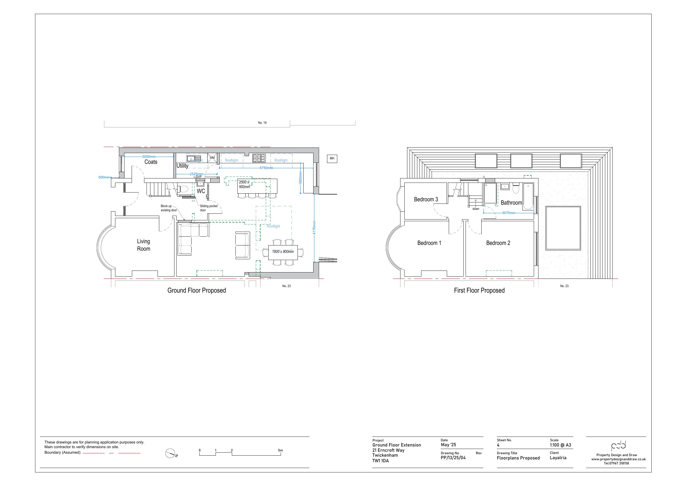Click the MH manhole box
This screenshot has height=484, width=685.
point(332,159)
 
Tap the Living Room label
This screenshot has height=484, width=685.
point(144,245)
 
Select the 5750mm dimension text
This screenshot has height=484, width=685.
point(266,168)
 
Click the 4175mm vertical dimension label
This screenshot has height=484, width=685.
point(314,227)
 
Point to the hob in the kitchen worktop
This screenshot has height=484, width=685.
point(259,158)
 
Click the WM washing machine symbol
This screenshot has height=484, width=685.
point(212,158)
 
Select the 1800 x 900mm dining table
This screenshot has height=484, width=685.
point(283,252)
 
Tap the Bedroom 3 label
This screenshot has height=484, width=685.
point(426,199)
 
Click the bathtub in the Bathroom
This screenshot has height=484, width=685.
point(528,197)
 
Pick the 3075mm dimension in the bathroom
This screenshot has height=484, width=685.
point(508,213)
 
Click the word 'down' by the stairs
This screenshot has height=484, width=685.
point(476,209)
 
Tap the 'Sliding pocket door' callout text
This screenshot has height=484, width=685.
point(208,208)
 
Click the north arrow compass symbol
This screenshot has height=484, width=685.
point(170,454)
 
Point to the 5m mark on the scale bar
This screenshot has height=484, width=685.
point(280,451)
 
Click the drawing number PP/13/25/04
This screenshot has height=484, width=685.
point(453,458)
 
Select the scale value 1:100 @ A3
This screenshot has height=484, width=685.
point(560,445)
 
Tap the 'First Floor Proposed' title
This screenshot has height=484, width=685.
point(479,290)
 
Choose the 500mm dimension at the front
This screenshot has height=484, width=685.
point(104,177)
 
